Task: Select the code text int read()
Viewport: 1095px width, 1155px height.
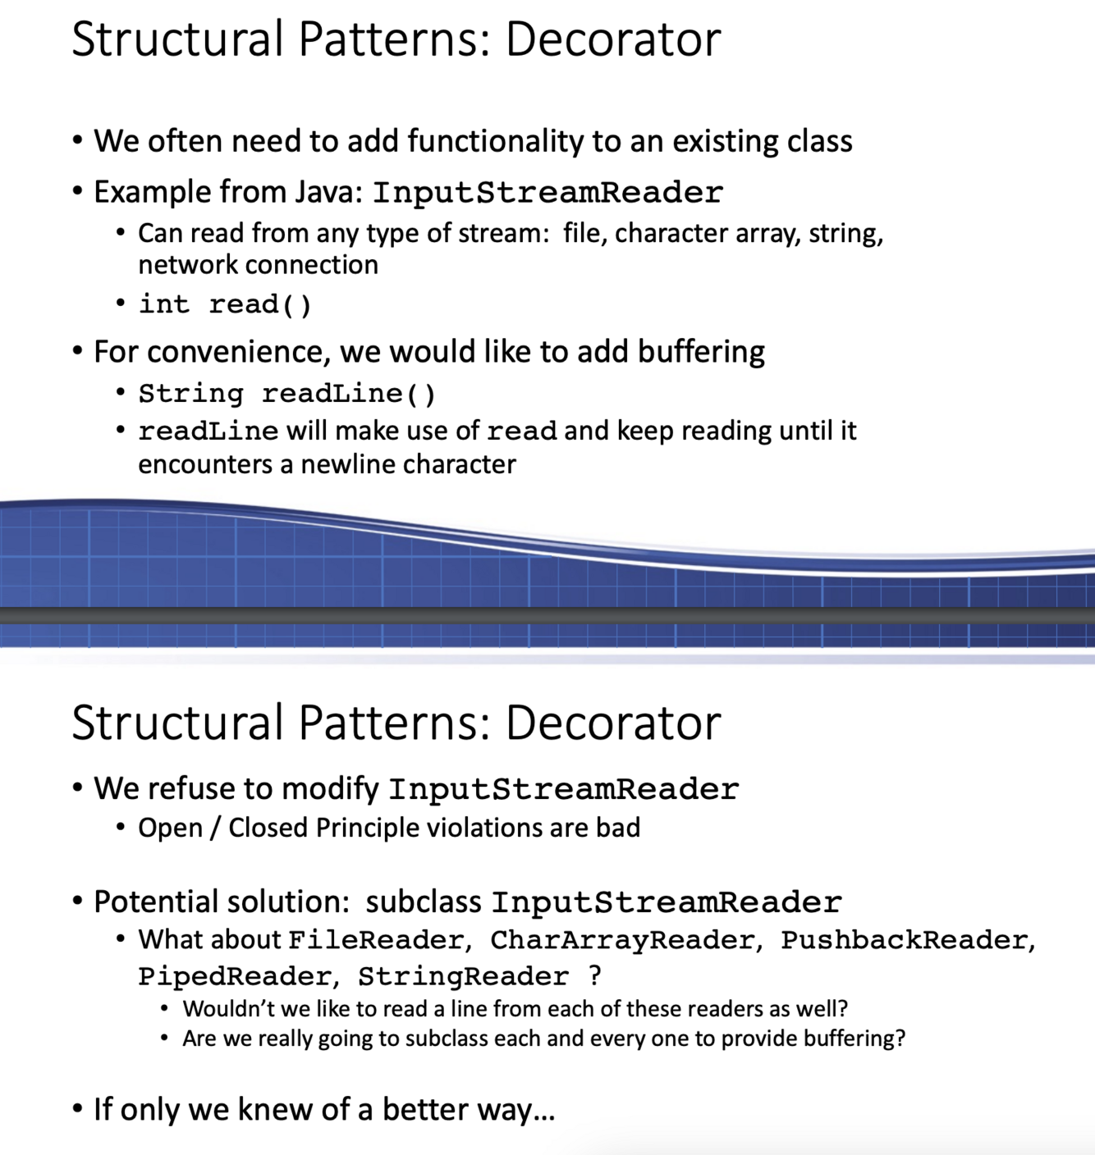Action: (x=225, y=304)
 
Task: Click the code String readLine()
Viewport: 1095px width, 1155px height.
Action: (x=286, y=394)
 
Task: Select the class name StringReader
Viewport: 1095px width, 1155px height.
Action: (x=462, y=977)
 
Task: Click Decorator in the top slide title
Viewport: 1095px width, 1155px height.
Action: (x=613, y=39)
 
